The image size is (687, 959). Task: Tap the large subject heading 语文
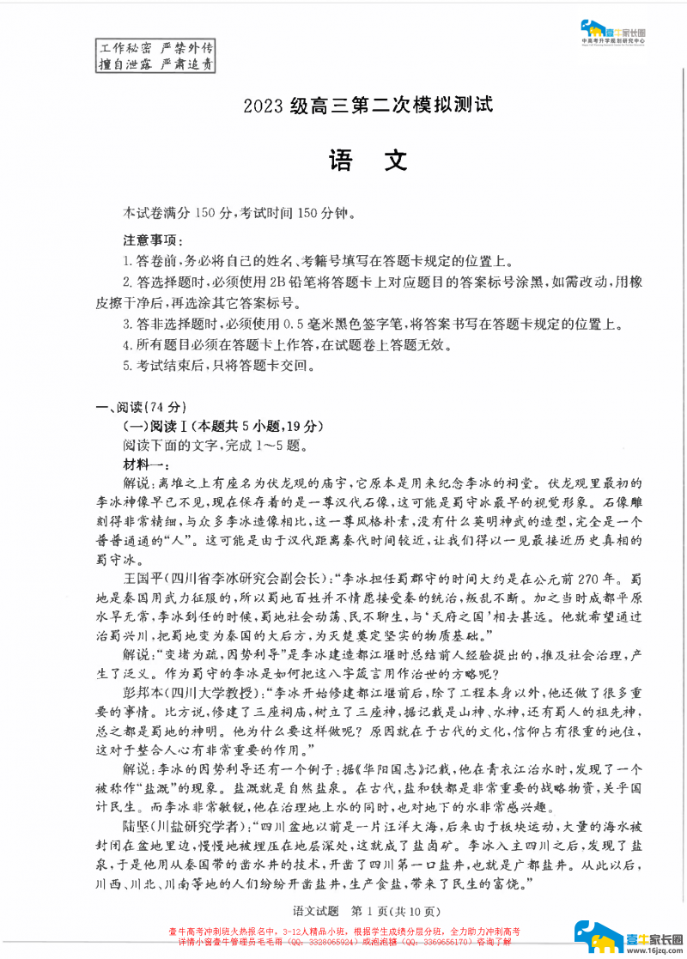[368, 161]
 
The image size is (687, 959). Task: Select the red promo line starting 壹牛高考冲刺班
[343, 932]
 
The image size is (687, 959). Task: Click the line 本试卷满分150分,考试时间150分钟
[239, 212]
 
